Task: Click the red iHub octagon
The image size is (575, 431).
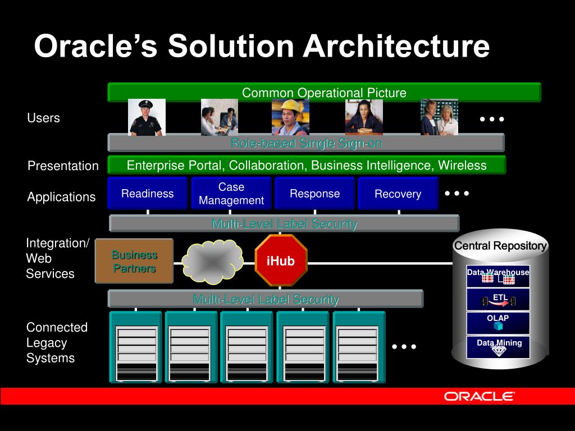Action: click(x=280, y=261)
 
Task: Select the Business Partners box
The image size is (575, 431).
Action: click(x=134, y=261)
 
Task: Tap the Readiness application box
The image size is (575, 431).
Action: click(x=147, y=194)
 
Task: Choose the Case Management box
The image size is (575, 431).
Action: click(x=231, y=194)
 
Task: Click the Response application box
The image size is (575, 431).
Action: click(x=314, y=194)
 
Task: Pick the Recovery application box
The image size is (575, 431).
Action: click(x=398, y=194)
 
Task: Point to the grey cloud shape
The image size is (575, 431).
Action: click(x=212, y=262)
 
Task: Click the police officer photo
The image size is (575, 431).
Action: click(x=147, y=117)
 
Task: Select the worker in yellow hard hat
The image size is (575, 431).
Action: click(x=290, y=117)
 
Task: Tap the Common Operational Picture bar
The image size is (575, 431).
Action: click(x=324, y=93)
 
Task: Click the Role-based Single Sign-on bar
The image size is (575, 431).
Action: click(x=306, y=143)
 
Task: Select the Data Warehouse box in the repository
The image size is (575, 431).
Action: click(x=498, y=276)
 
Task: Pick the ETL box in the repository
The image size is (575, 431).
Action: click(x=498, y=300)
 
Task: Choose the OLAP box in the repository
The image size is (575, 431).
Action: click(x=498, y=322)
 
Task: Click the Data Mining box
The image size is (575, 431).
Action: click(x=498, y=346)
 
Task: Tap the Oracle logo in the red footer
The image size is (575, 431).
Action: click(x=479, y=396)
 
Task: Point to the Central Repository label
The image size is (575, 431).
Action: click(x=500, y=246)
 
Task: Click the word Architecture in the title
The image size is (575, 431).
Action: click(x=396, y=47)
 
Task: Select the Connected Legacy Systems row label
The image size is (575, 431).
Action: click(x=57, y=342)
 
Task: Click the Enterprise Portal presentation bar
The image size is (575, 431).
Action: click(x=307, y=165)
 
